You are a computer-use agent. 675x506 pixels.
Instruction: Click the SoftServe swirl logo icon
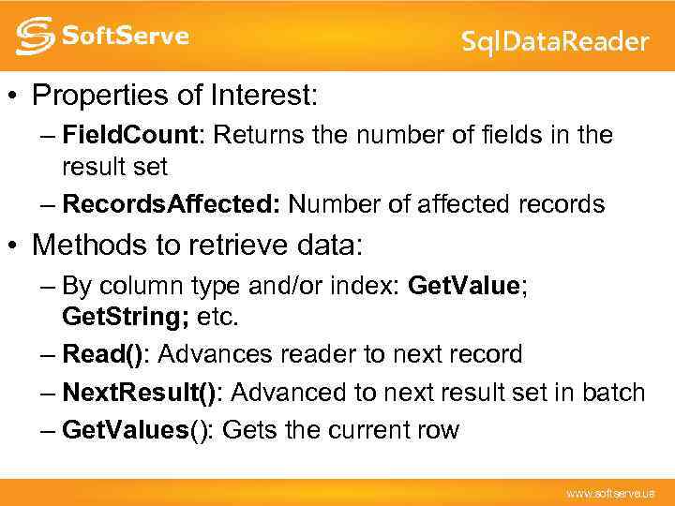34,36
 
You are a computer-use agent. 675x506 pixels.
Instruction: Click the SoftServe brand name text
125,37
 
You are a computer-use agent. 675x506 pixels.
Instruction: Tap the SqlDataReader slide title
555,41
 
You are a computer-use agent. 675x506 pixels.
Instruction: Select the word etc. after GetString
217,318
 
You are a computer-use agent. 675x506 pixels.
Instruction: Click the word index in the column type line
371,285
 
